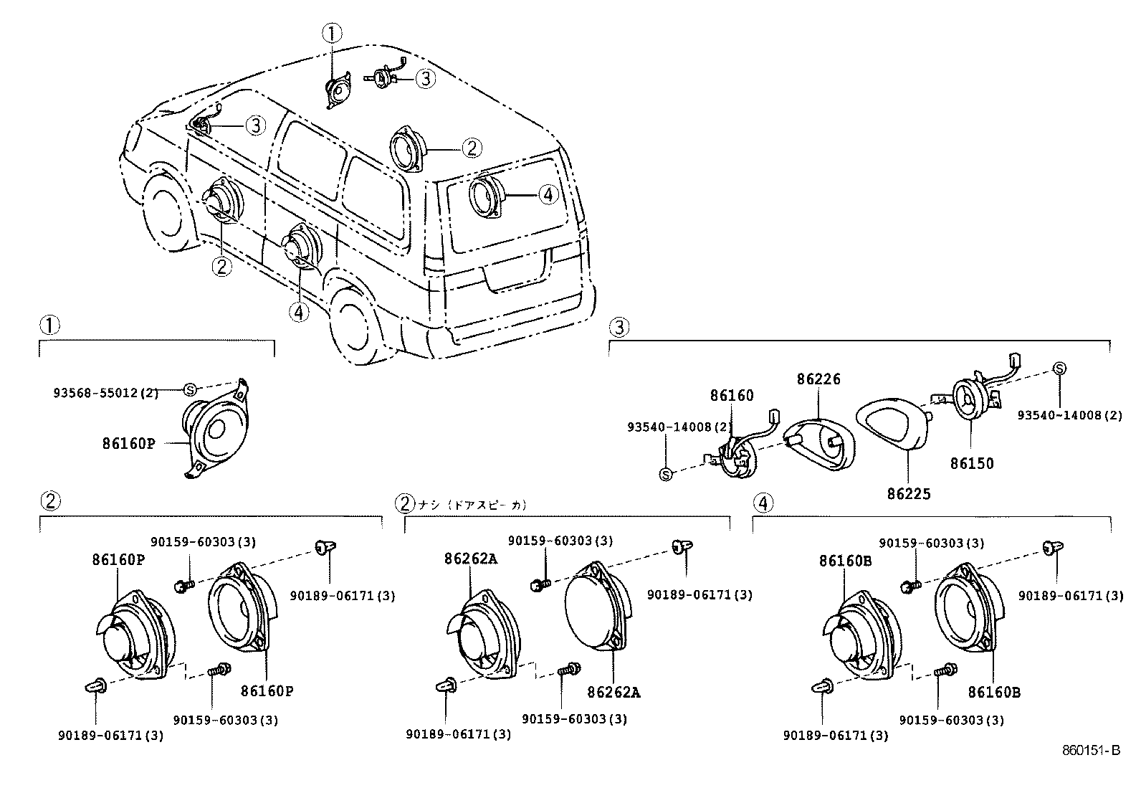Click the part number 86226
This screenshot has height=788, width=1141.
[818, 379]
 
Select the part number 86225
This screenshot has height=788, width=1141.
[908, 494]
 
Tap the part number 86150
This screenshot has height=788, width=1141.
[972, 463]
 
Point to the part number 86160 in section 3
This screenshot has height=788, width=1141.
[732, 395]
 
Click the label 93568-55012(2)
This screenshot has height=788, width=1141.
[106, 393]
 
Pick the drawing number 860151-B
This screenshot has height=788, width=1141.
[1090, 751]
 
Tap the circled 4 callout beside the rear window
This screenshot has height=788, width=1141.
[548, 194]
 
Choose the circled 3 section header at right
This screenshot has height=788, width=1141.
[619, 328]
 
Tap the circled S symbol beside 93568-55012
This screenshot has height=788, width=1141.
[190, 389]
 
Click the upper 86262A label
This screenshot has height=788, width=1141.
[471, 558]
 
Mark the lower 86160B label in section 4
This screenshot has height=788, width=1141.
[994, 692]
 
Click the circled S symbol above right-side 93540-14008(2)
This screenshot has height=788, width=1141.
[1059, 369]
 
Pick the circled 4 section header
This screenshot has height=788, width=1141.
[763, 503]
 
